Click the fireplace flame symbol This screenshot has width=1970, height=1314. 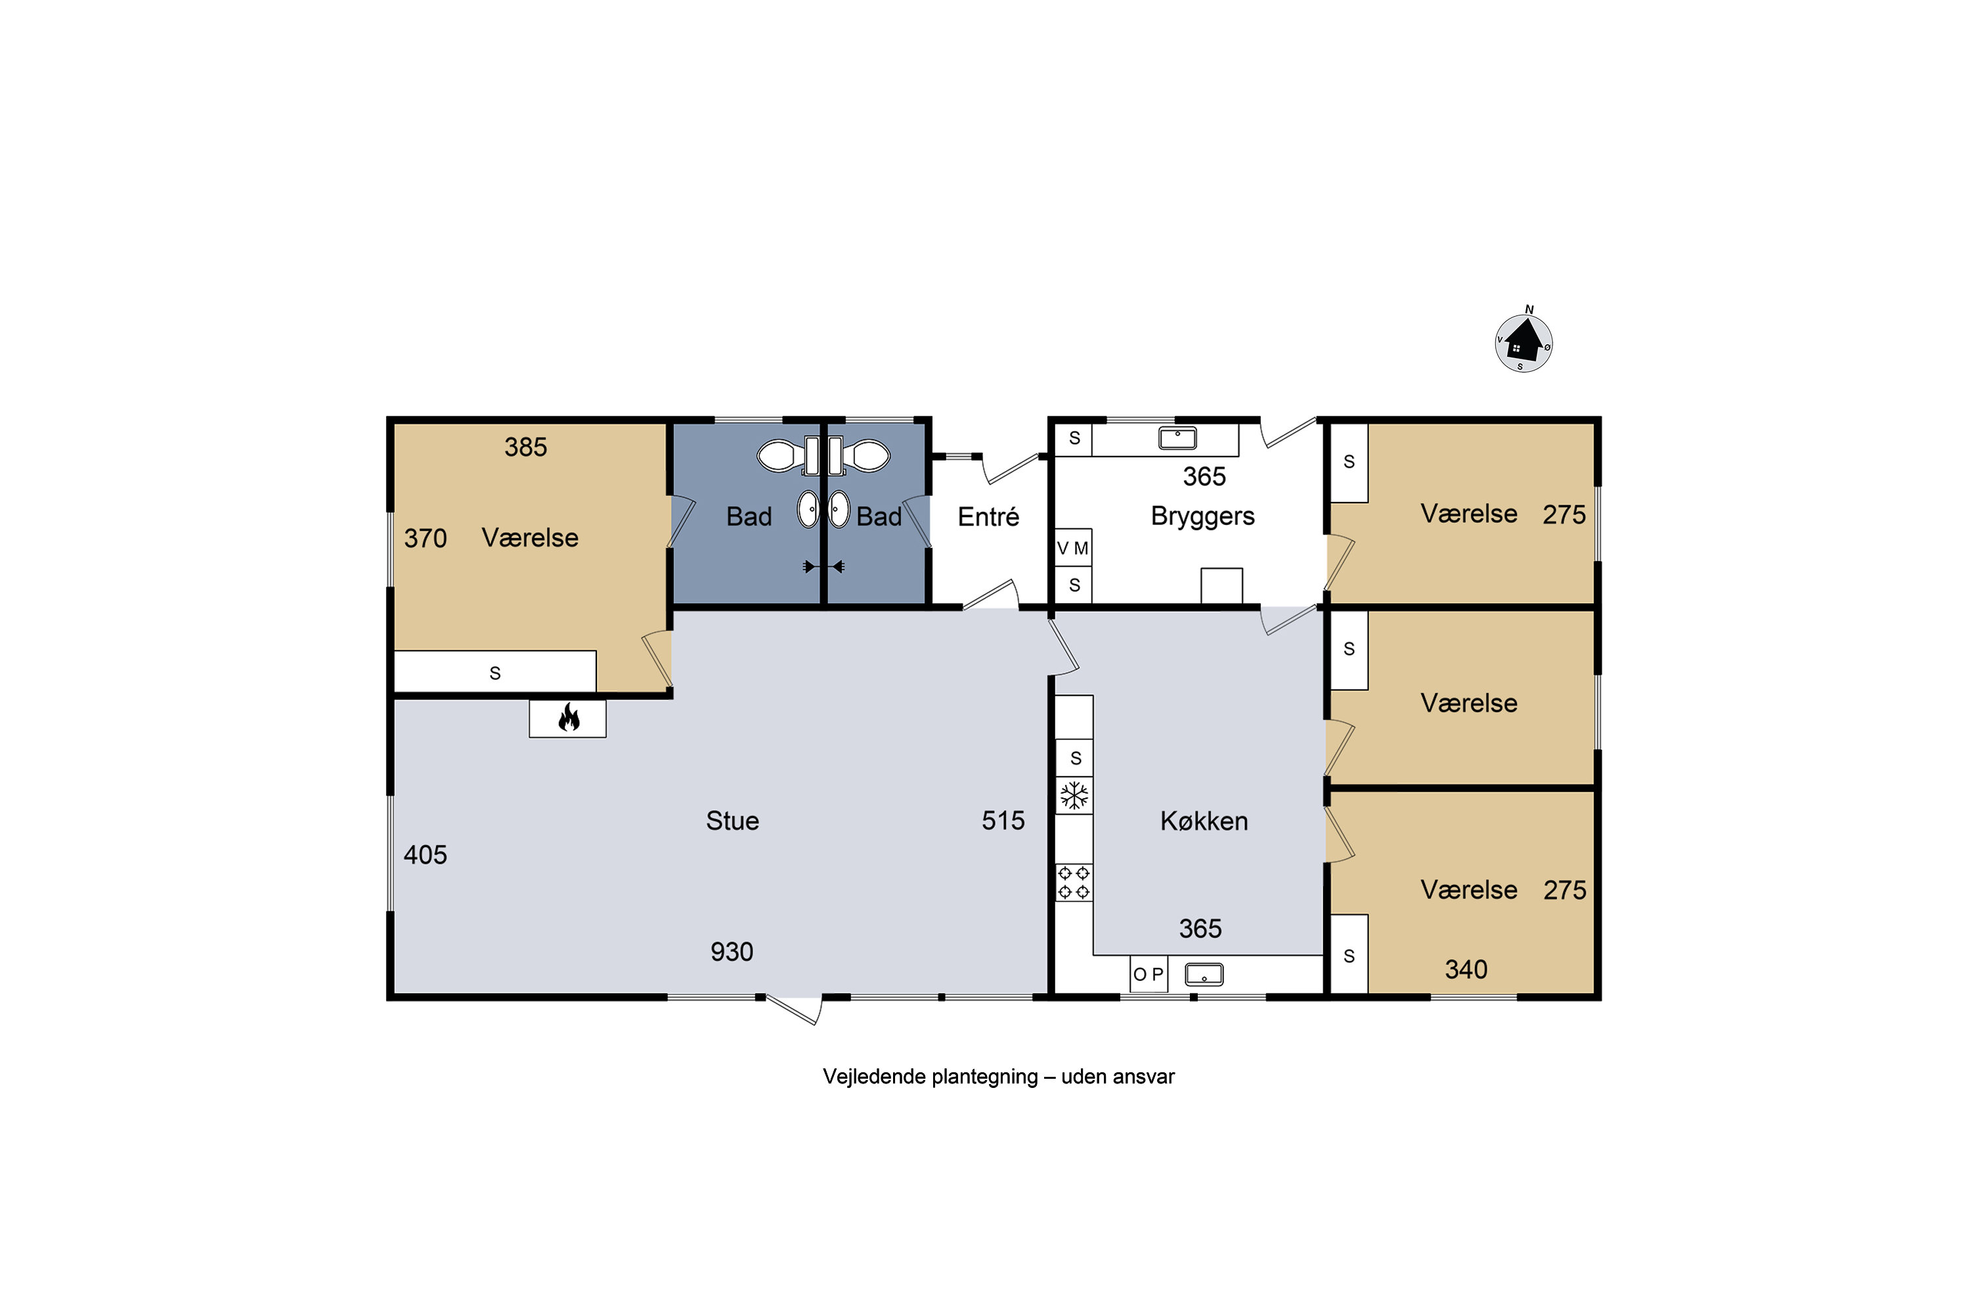click(x=569, y=717)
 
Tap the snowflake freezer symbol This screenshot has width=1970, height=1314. click(x=1074, y=795)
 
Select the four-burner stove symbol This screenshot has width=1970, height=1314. click(x=1074, y=882)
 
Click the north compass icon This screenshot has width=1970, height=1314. click(x=1523, y=341)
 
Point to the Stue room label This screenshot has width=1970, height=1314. click(x=732, y=821)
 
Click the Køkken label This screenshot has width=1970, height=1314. click(x=1204, y=821)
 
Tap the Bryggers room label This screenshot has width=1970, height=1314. click(x=1203, y=516)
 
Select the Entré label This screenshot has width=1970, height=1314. click(x=988, y=516)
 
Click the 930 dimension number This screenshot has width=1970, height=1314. click(x=732, y=952)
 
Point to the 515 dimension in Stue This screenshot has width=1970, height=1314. click(x=1003, y=821)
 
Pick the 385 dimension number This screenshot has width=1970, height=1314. click(x=526, y=447)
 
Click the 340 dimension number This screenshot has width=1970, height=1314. click(x=1466, y=970)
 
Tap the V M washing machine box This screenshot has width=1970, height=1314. click(x=1073, y=548)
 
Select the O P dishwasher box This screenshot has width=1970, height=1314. click(x=1149, y=974)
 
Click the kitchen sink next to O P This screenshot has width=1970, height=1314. click(x=1204, y=974)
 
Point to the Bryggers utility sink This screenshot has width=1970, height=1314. click(x=1177, y=438)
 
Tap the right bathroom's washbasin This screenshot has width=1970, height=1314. click(x=839, y=510)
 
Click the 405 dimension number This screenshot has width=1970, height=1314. click(x=426, y=855)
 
